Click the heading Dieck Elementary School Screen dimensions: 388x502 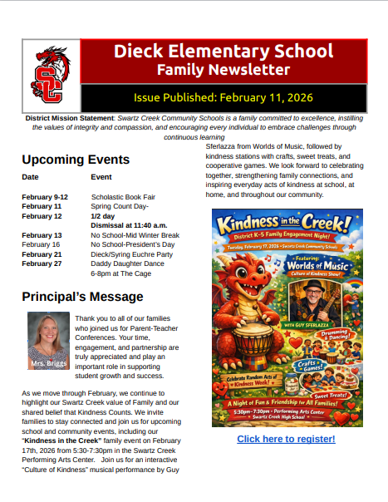point(223,52)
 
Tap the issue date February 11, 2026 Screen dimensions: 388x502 point(223,97)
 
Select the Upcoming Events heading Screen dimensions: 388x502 point(76,160)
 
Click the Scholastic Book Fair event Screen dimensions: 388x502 point(124,196)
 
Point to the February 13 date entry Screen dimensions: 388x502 point(42,235)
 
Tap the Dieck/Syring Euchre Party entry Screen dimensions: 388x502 point(132,254)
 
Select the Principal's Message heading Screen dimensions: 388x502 point(82,297)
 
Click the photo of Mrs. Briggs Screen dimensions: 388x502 point(47,340)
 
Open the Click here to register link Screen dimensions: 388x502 point(286,439)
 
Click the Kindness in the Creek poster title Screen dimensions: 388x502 point(287,224)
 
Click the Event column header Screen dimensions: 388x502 point(101,177)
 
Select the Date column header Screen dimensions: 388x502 point(30,177)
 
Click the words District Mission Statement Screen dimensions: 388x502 point(70,118)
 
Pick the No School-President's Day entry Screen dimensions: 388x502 point(133,245)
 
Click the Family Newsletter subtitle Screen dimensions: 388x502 point(223,70)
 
